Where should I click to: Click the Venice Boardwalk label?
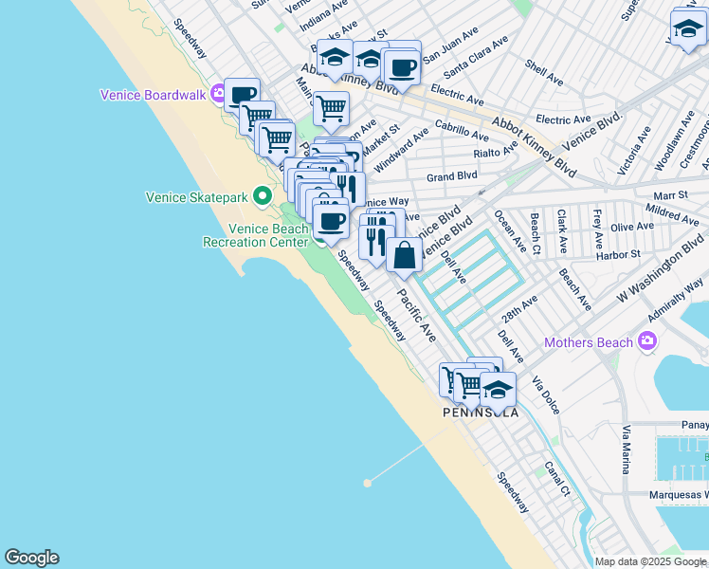[155, 95]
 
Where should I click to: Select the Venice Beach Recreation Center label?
[256, 235]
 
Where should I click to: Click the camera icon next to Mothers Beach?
[648, 340]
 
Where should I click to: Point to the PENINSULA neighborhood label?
[481, 413]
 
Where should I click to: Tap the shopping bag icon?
[404, 255]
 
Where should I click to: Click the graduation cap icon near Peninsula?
[498, 390]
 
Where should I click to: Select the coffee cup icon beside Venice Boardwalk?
[243, 95]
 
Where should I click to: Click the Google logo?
[31, 558]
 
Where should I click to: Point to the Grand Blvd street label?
[451, 176]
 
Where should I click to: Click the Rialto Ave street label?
[497, 152]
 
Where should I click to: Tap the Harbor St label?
[618, 254]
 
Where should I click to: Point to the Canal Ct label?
[557, 479]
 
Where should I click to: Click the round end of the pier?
[367, 483]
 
